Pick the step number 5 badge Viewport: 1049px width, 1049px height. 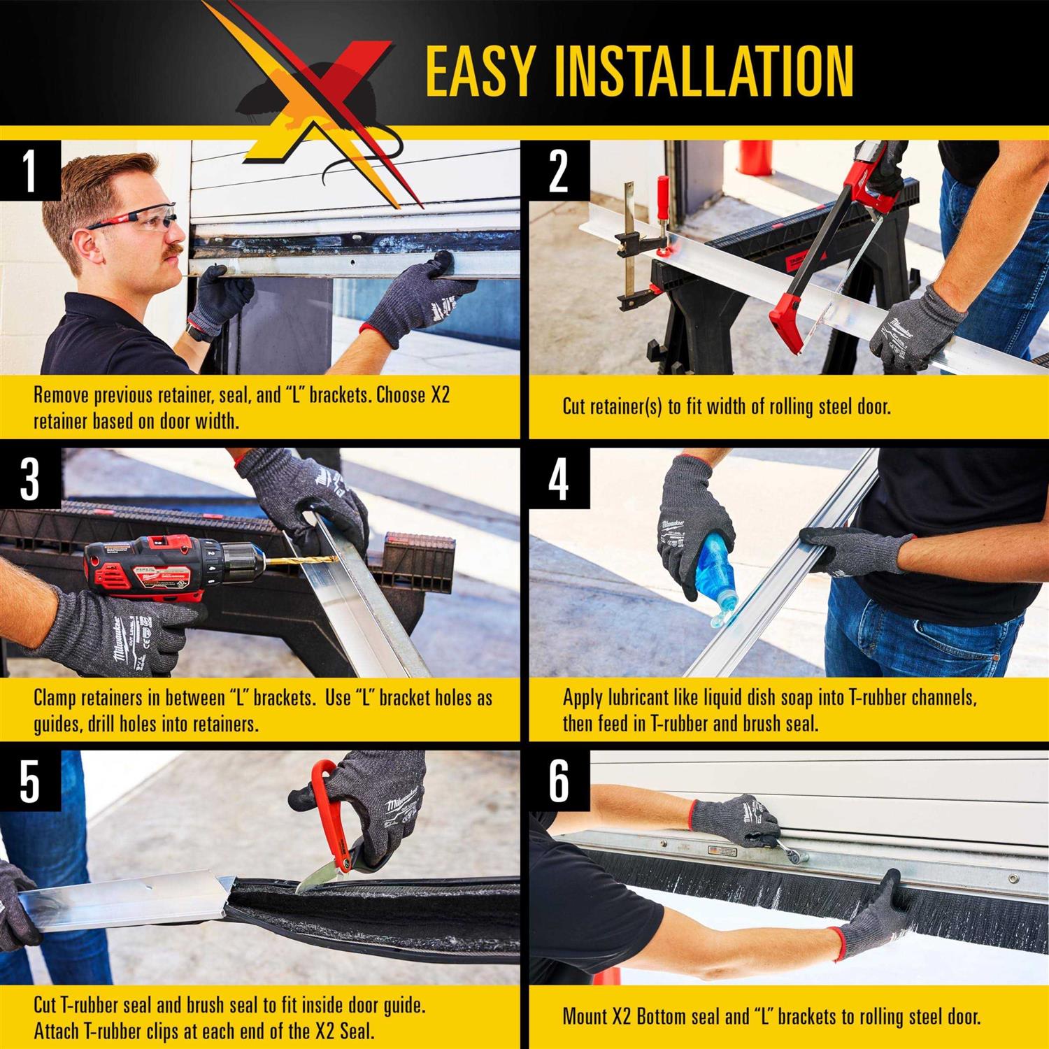click(x=29, y=781)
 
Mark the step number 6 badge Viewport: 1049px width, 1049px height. click(x=558, y=781)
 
